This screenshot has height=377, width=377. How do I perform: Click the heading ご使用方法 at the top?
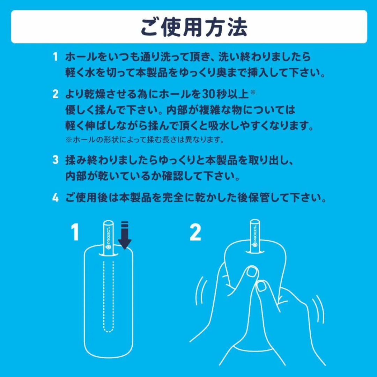194,27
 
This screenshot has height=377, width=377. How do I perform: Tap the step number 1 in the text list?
55,57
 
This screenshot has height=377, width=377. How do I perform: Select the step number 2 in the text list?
55,94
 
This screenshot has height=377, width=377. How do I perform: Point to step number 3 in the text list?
55,160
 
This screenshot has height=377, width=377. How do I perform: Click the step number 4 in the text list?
55,198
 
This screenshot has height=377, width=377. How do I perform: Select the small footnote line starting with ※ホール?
144,140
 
